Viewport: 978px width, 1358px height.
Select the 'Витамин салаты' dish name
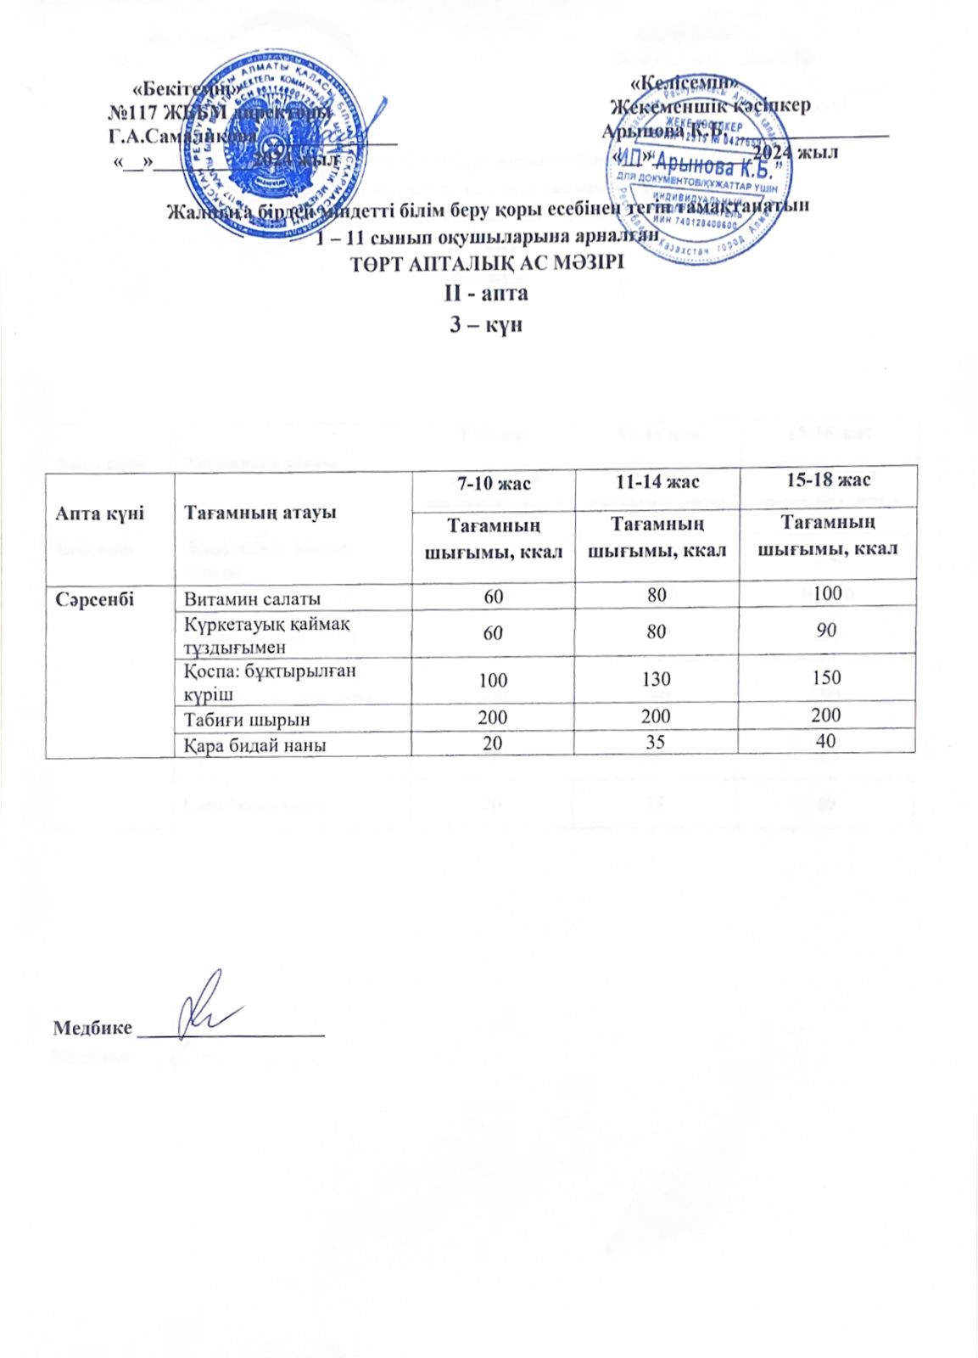(253, 598)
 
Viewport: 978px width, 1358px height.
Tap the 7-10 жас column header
(494, 484)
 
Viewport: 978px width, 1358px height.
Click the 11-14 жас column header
(657, 482)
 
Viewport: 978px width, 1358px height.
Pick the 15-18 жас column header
(827, 480)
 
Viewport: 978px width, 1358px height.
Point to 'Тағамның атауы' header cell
(260, 512)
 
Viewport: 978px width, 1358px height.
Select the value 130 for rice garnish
(657, 679)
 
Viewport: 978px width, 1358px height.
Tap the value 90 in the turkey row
(827, 630)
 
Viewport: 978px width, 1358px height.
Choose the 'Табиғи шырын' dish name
(248, 719)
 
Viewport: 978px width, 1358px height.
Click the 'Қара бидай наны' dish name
(256, 745)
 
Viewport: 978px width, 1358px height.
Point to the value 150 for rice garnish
(826, 677)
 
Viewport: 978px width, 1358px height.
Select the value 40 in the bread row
(827, 741)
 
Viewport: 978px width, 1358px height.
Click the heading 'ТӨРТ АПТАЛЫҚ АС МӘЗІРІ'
(488, 263)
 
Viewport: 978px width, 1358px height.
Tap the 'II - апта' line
(487, 294)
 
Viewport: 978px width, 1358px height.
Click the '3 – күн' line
(486, 324)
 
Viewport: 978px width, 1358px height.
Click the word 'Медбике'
(92, 1028)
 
